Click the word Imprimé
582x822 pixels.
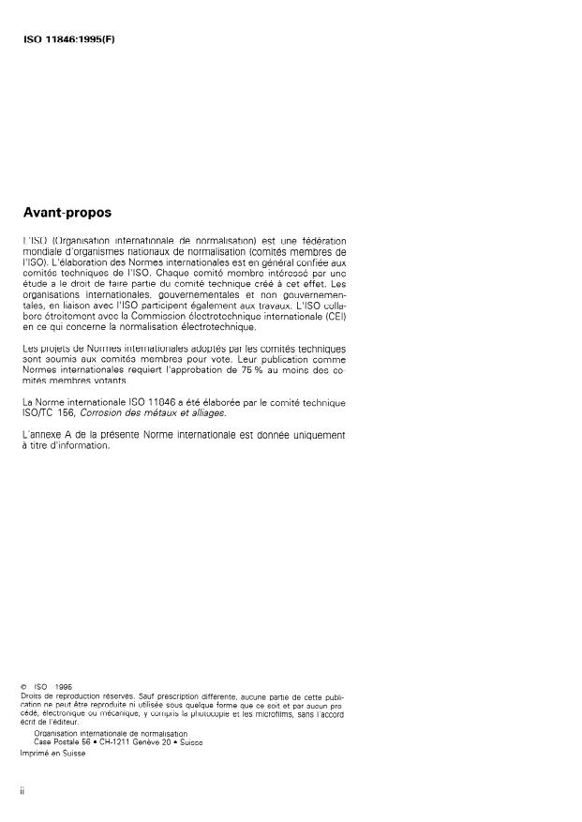coord(35,753)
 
